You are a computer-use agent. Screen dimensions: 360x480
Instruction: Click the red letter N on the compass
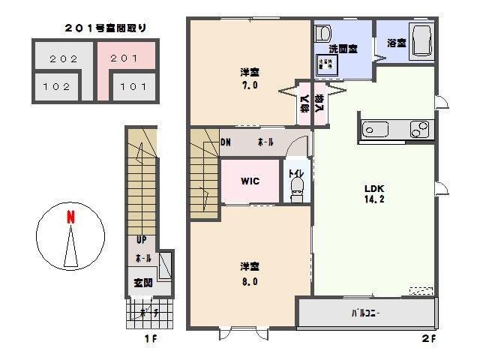pyautogui.click(x=70, y=218)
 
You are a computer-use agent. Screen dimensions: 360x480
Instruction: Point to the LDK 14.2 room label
pyautogui.click(x=374, y=194)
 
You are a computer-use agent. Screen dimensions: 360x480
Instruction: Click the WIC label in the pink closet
pyautogui.click(x=250, y=181)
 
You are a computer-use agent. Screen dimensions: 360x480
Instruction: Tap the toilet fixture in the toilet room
pyautogui.click(x=297, y=186)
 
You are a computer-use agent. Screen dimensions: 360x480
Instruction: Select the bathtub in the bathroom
pyautogui.click(x=421, y=40)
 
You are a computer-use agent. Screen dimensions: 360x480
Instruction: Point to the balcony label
pyautogui.click(x=365, y=313)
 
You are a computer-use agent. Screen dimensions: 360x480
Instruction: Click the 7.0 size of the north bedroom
pyautogui.click(x=250, y=85)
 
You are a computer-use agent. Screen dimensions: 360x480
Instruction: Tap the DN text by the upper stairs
pyautogui.click(x=226, y=142)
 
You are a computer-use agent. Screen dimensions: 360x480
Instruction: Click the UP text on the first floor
pyautogui.click(x=142, y=241)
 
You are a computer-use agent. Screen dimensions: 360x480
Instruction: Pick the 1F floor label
pyautogui.click(x=151, y=339)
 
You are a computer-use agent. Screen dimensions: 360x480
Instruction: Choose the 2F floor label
pyautogui.click(x=428, y=339)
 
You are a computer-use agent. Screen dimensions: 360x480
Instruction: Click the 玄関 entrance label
pyautogui.click(x=143, y=283)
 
